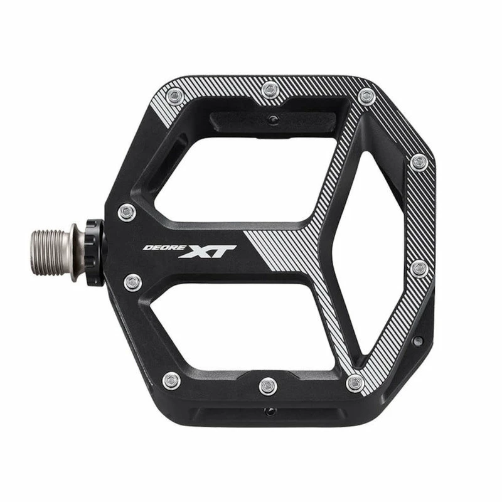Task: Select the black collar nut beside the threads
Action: [x=94, y=251]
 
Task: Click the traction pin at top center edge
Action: [x=270, y=88]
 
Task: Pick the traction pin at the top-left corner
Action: [x=175, y=96]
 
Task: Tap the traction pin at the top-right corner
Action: [x=366, y=97]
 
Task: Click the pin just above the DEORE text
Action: [x=127, y=212]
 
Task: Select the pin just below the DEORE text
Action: [x=132, y=282]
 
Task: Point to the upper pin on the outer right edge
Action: [x=419, y=163]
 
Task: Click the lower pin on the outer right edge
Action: [x=419, y=269]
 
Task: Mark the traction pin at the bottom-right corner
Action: [x=355, y=382]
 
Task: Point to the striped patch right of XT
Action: [x=276, y=251]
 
